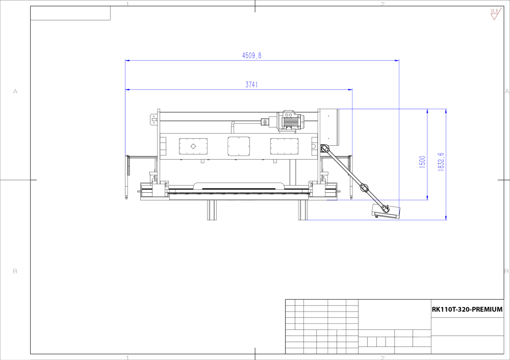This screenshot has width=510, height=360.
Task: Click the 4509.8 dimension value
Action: pos(251,56)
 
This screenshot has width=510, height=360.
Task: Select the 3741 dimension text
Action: pos(251,85)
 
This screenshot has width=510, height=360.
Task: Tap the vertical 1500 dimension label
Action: pos(422,162)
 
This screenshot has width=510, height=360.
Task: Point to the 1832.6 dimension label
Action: pos(441,162)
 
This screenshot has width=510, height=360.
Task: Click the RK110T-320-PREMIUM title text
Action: pos(467,310)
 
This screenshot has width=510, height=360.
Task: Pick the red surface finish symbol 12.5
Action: pos(494,14)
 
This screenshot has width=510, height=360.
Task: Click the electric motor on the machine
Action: pos(290,121)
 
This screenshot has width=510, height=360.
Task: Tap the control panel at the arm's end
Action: pos(386,212)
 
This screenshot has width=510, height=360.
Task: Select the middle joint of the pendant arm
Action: pos(364,187)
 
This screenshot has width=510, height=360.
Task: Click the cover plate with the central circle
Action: pos(193,146)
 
